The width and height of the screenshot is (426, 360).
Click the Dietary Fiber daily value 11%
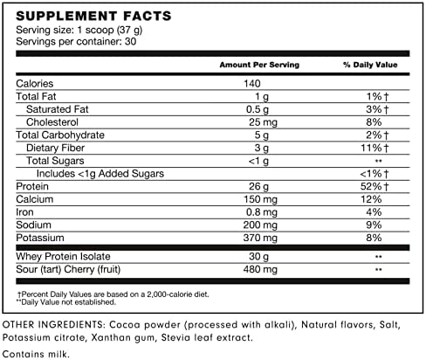[x=372, y=149]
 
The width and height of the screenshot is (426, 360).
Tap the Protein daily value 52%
[x=372, y=187]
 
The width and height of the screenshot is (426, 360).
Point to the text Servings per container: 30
[x=77, y=41]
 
